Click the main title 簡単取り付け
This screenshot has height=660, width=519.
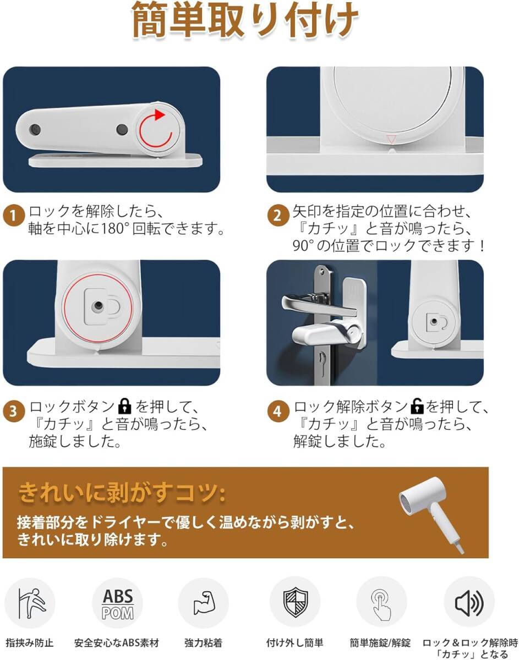tap(245, 21)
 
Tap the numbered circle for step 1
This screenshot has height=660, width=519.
tap(13, 216)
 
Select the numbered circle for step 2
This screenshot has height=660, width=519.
tap(278, 216)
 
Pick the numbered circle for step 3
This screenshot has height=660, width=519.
tap(13, 411)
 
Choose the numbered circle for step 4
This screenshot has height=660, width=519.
tap(278, 411)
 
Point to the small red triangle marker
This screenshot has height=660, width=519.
tap(391, 139)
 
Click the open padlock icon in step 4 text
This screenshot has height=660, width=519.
tap(417, 406)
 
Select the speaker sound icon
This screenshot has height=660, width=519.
tap(469, 603)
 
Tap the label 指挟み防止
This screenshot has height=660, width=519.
tap(30, 643)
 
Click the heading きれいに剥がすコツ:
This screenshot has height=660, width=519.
tap(122, 493)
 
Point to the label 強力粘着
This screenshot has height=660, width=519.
tap(203, 643)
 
